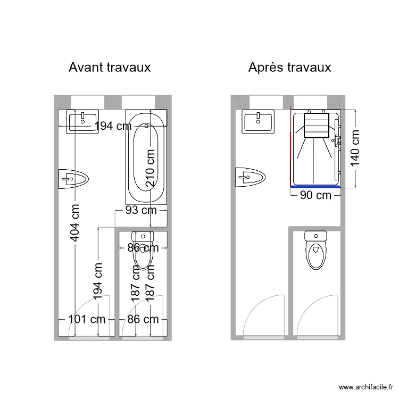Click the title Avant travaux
109,68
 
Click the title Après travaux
289,68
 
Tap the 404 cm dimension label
76,222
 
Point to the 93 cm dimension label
141,210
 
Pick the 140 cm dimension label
355,148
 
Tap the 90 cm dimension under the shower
315,195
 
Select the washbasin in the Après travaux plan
259,122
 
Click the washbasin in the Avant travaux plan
82,122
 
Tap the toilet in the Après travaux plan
315,250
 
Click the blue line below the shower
315,187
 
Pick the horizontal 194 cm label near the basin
113,126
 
